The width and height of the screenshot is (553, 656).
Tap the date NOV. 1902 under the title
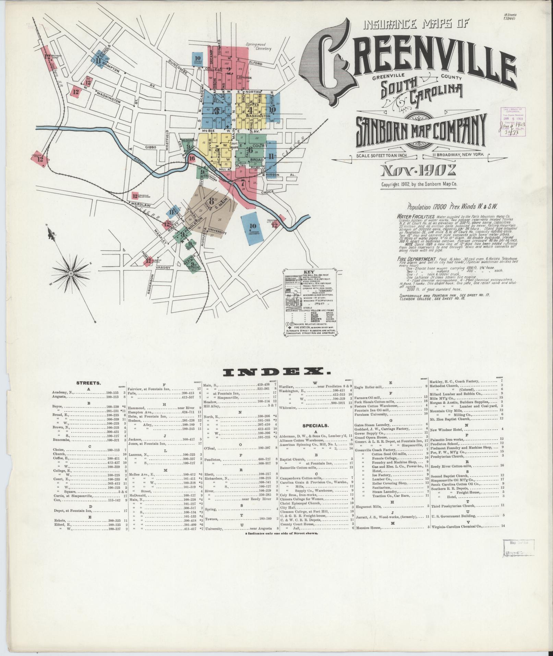click(419, 170)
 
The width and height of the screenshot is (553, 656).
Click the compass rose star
click(71, 273)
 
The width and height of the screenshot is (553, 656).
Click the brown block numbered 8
click(211, 202)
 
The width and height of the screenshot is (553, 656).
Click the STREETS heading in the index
click(88, 383)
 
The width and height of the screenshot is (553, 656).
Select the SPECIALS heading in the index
click(315, 426)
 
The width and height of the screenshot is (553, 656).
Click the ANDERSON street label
click(149, 285)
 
